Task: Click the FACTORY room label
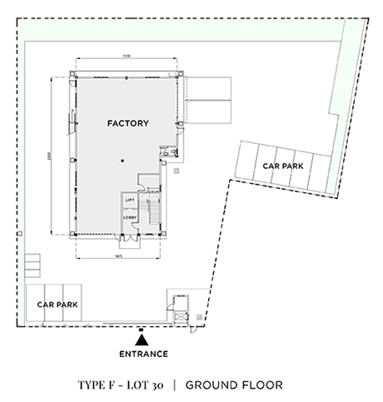[x=128, y=124]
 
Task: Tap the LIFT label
[x=130, y=201]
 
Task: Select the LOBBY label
[x=130, y=218]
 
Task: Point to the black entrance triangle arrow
[x=142, y=340]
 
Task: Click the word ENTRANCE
[x=142, y=355]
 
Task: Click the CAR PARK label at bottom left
[x=57, y=305]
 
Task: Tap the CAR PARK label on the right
[x=282, y=166]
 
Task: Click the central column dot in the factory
[x=122, y=160]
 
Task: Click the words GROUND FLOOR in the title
[x=234, y=385]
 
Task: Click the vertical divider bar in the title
[x=175, y=385]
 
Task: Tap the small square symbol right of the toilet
[x=179, y=171]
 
